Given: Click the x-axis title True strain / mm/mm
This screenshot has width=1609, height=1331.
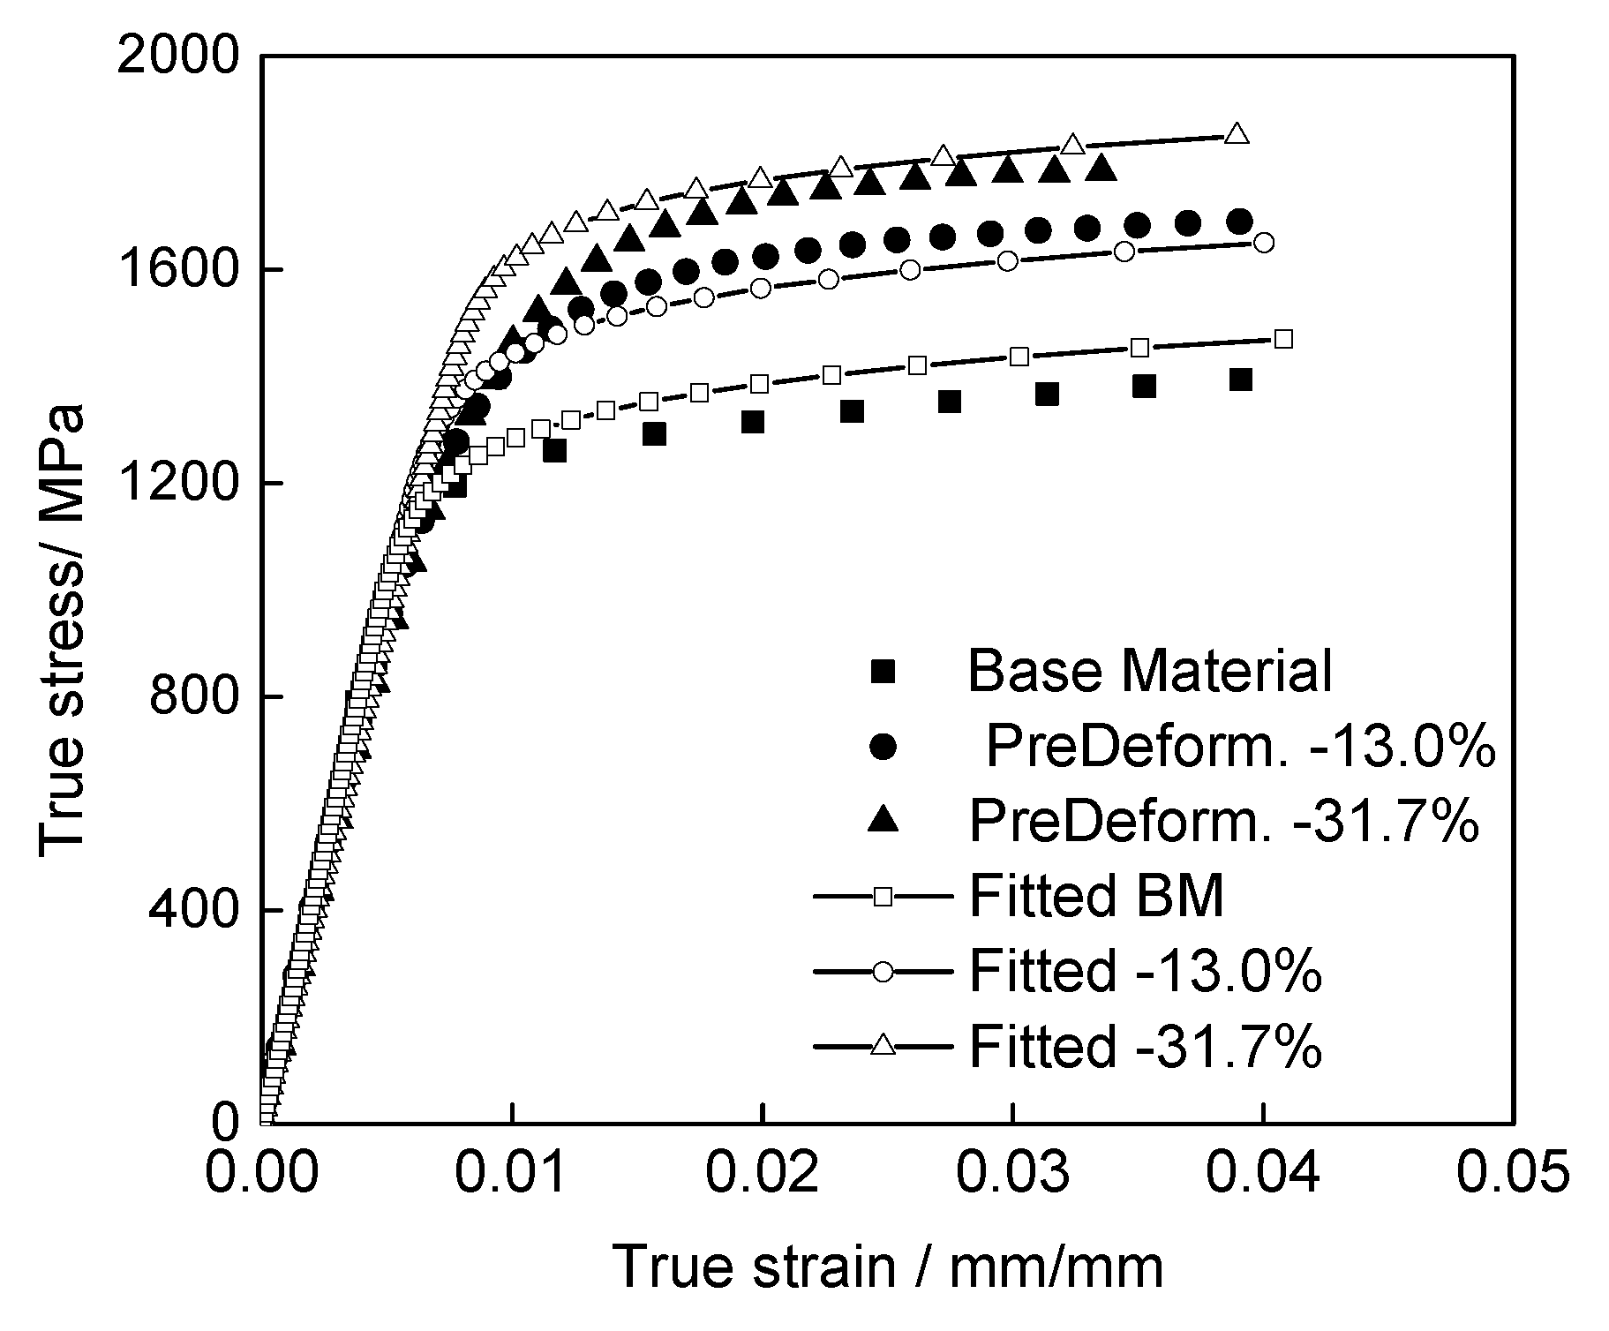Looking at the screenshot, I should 887,1267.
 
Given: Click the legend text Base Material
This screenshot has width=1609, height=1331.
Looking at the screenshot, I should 1149,671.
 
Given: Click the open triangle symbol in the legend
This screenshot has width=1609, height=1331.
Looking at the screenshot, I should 883,1046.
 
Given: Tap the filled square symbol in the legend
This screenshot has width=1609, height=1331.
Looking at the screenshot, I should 883,673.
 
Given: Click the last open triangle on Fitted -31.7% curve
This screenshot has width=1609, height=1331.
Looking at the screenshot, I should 1237,133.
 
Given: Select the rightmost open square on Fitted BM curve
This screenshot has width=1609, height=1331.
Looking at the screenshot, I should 1284,339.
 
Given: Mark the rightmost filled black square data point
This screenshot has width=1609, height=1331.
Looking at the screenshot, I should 1241,380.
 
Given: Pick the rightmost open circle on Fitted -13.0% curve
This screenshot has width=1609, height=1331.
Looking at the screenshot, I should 1263,243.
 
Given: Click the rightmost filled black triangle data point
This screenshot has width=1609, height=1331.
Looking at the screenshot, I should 1100,167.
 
